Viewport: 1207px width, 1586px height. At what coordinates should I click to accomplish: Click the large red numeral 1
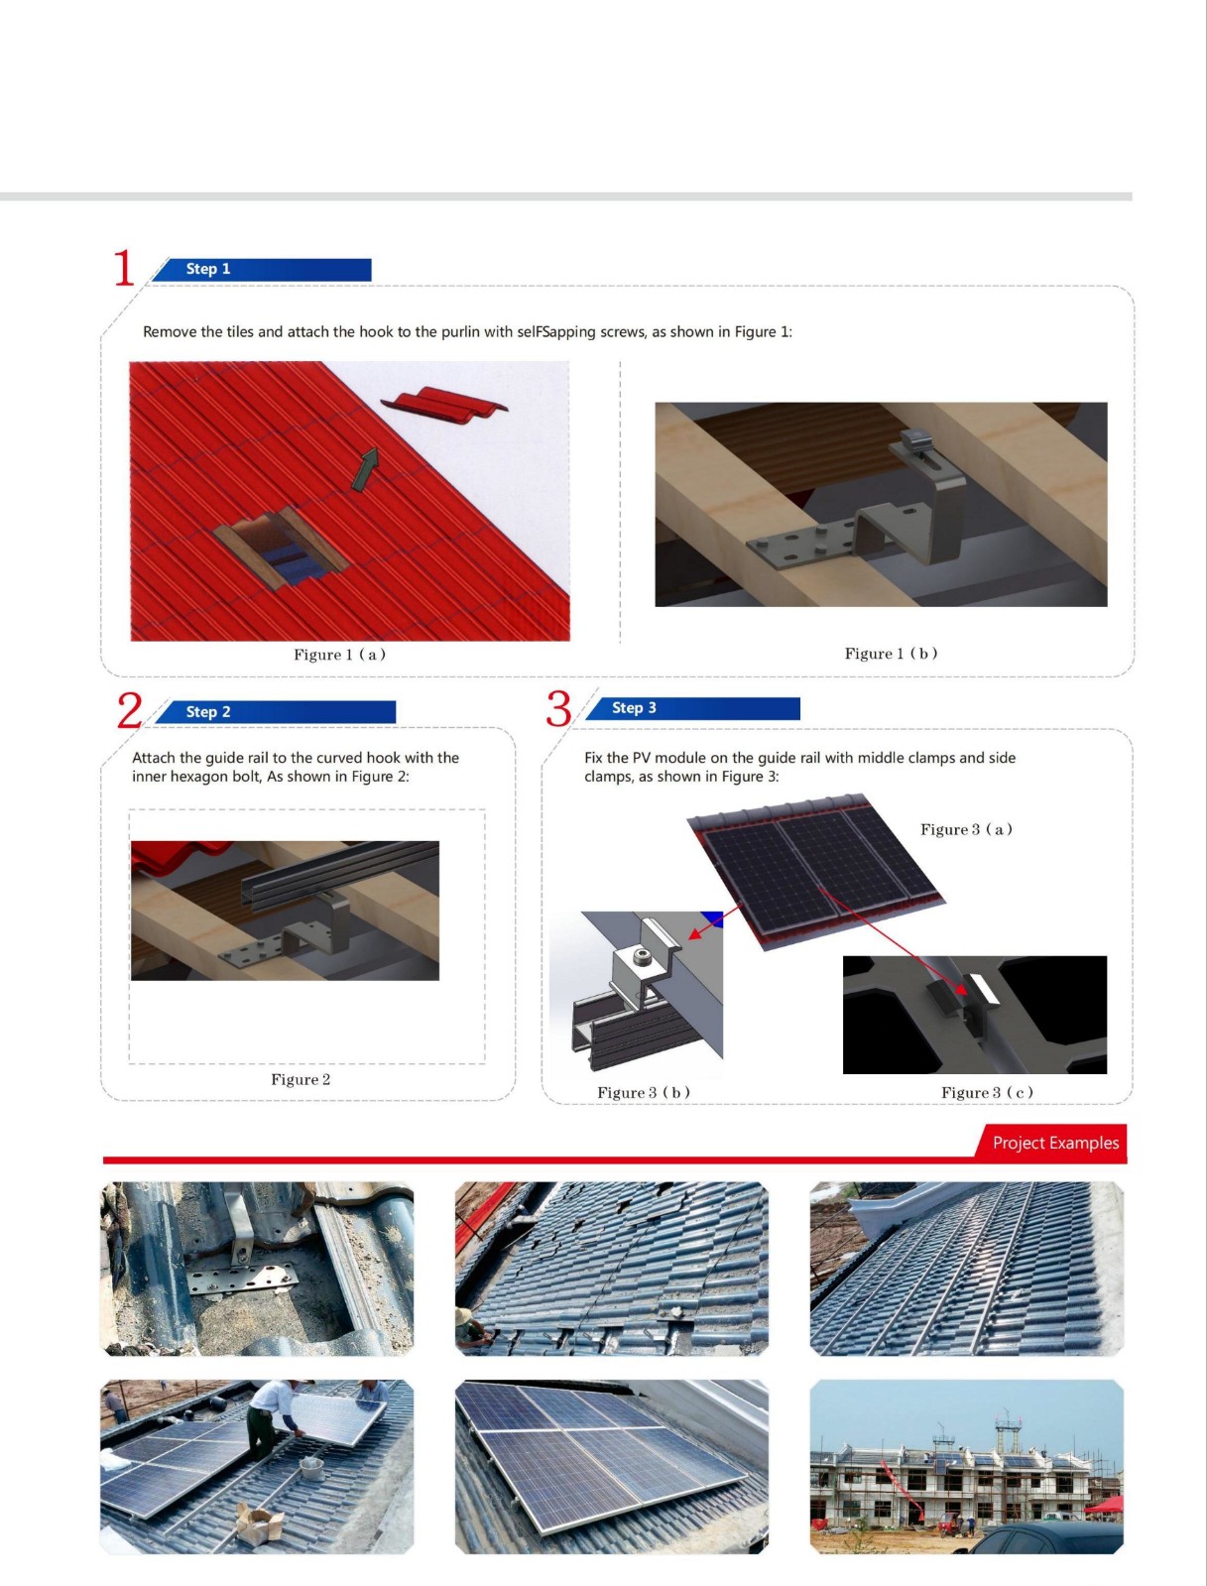tap(124, 268)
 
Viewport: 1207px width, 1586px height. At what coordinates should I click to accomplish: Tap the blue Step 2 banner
tap(275, 712)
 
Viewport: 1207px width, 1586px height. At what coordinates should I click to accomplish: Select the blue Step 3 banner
tap(692, 708)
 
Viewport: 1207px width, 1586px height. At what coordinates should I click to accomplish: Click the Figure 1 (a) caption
tap(339, 655)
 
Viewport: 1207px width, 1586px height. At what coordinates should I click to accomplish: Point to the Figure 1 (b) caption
tap(891, 654)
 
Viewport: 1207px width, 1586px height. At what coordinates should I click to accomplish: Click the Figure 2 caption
tap(301, 1079)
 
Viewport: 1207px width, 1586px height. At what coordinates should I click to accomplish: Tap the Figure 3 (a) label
tap(966, 829)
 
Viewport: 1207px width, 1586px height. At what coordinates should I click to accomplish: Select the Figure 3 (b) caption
tap(643, 1092)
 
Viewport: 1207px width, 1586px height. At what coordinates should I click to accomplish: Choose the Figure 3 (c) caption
tap(987, 1092)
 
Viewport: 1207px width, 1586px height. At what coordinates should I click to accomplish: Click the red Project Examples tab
tap(1051, 1143)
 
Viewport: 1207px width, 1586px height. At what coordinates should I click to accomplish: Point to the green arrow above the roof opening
tap(365, 469)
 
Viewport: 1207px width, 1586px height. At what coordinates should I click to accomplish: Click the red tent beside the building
tap(1105, 1507)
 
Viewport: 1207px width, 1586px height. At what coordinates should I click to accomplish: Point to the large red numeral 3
tap(558, 708)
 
